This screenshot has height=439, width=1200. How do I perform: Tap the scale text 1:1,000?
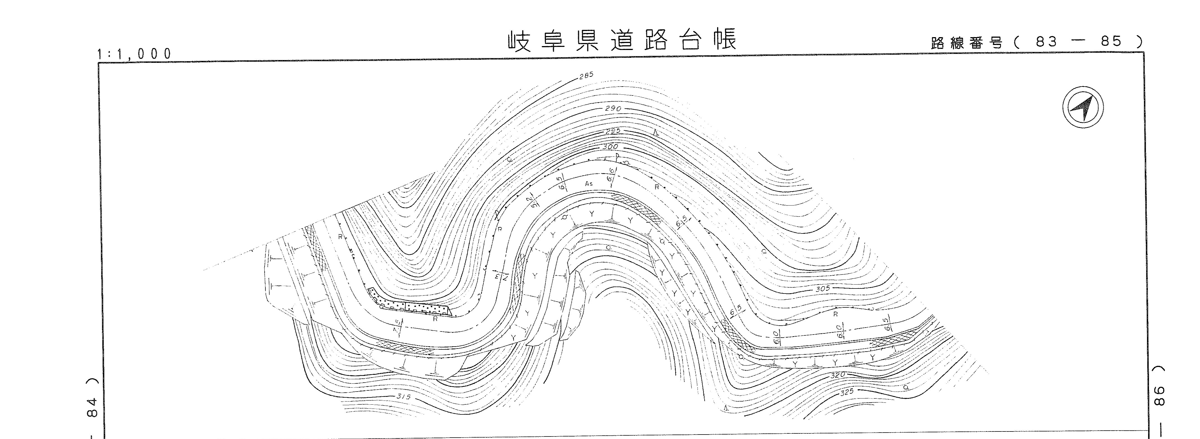pos(134,54)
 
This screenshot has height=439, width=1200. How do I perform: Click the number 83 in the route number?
pos(1046,42)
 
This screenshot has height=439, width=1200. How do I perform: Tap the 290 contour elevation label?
pos(613,109)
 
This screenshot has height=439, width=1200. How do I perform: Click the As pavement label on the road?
pos(588,184)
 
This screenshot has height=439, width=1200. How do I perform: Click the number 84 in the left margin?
pos(92,408)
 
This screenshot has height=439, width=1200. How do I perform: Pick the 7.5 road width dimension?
pos(397,326)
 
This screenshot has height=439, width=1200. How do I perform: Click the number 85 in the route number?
pos(1111,42)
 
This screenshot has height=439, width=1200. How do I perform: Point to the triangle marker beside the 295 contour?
pos(655,134)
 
